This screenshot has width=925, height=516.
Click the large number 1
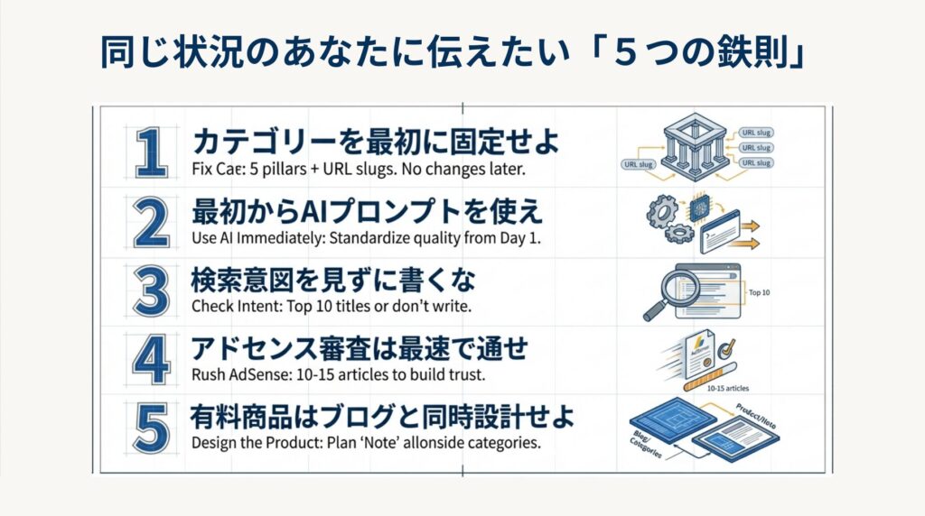[x=150, y=152]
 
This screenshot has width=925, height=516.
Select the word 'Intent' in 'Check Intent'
[x=256, y=306]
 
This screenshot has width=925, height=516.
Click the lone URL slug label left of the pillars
[x=637, y=164]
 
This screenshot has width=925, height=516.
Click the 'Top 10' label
[x=761, y=293]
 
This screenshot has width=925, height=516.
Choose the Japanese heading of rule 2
[x=367, y=213]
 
